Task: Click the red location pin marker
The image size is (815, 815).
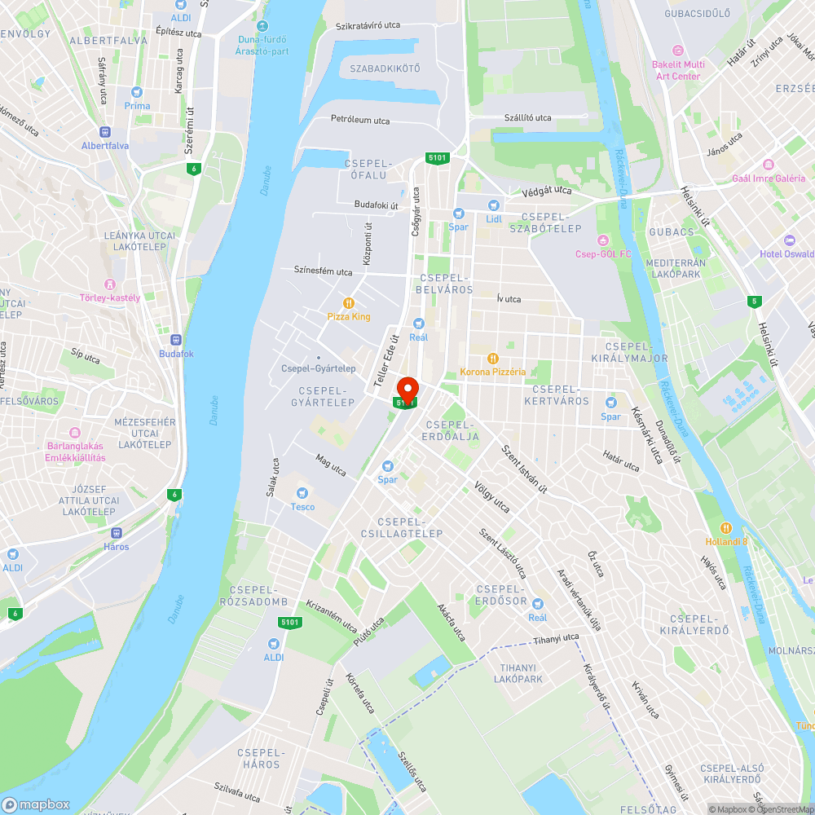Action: [407, 389]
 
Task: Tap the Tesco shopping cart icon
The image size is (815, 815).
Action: [302, 492]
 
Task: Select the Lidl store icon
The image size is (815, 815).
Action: [493, 205]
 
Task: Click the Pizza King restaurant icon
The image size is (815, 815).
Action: [349, 302]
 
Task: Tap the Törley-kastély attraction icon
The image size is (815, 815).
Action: [110, 284]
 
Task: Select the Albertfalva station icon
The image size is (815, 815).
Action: [104, 132]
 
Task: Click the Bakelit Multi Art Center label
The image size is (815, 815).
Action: [678, 70]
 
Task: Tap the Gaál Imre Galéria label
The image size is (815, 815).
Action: [769, 178]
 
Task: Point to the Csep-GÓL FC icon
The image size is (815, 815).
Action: [603, 240]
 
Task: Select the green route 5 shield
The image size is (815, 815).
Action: [755, 302]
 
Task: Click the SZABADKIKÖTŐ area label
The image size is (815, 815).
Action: [385, 68]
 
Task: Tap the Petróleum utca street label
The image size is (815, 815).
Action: [359, 121]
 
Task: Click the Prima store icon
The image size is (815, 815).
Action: [137, 92]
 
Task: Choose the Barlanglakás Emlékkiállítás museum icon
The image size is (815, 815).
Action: [75, 433]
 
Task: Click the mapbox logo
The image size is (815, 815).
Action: [36, 804]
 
